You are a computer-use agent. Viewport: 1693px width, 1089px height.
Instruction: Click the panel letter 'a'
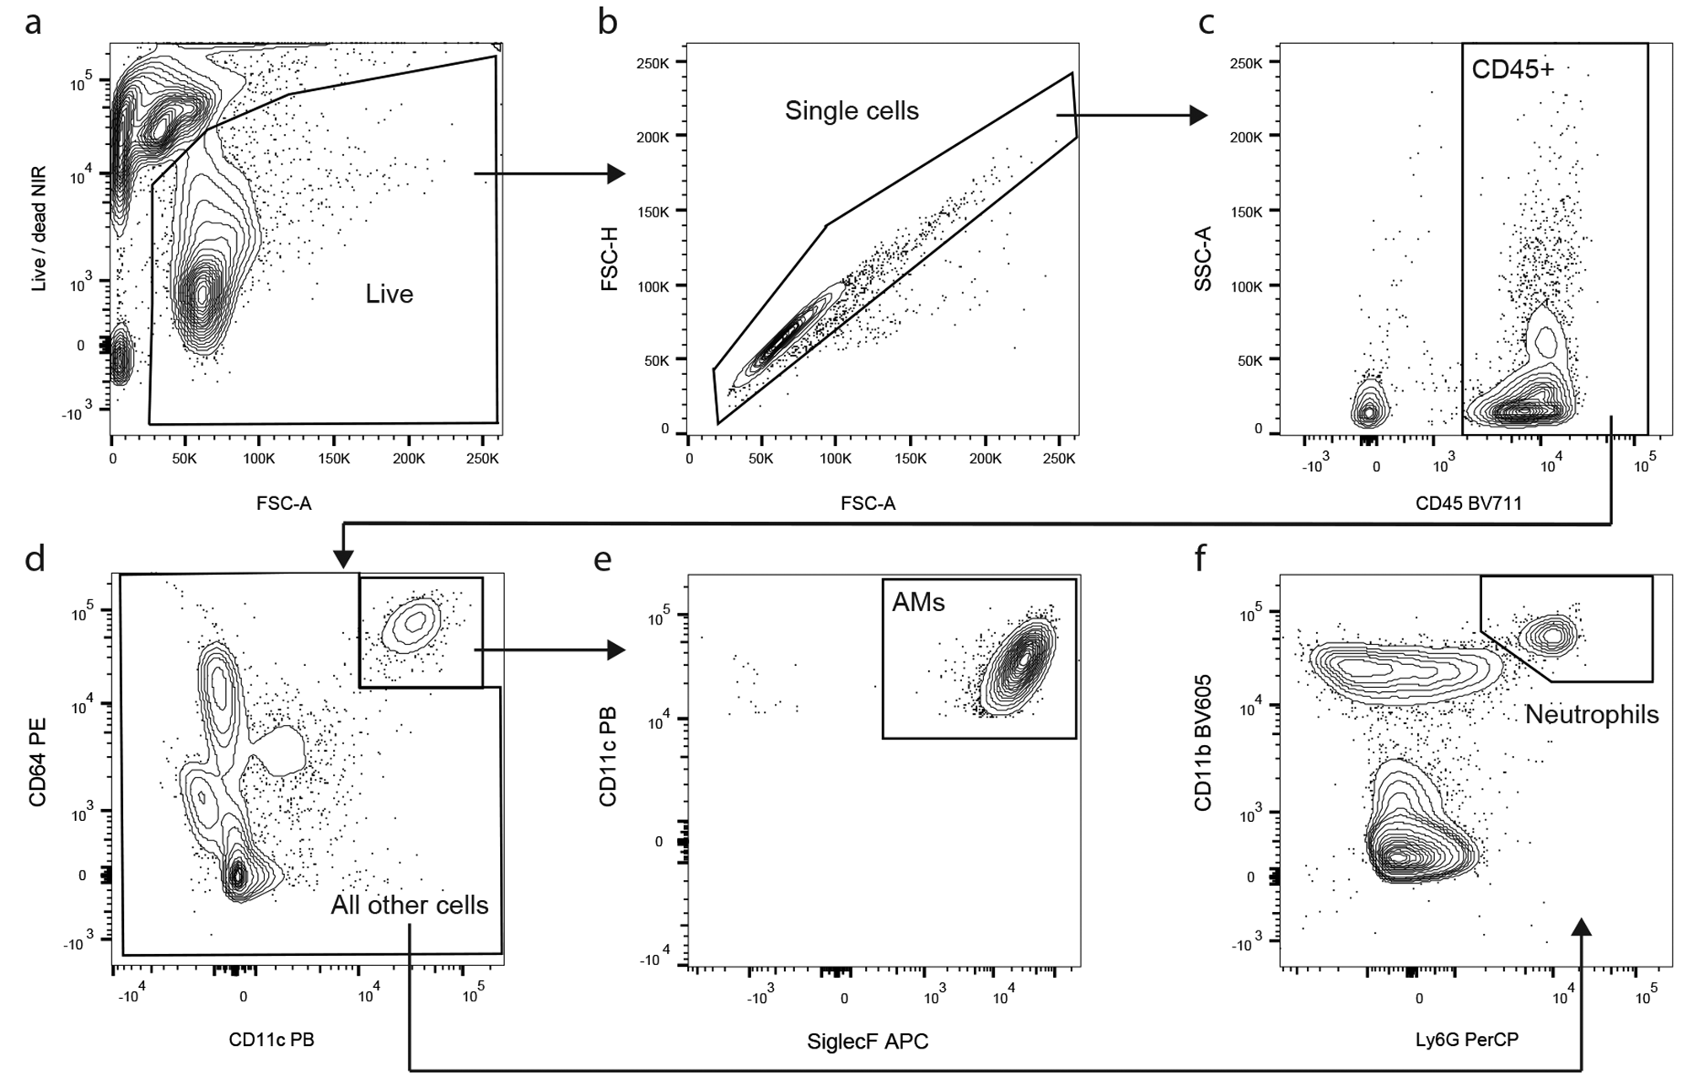coord(33,24)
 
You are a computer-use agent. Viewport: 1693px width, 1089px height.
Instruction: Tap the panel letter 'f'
coord(1201,557)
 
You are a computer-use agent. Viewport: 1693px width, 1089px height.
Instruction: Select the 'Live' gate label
coord(389,294)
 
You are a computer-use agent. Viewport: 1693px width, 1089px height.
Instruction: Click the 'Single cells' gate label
coord(852,110)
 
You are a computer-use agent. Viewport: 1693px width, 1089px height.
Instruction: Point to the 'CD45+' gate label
coord(1512,69)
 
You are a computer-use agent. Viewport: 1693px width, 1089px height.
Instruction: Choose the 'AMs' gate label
coord(918,602)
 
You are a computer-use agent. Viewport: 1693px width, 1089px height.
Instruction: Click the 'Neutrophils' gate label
coord(1591,715)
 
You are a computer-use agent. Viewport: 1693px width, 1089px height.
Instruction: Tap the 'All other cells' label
coord(409,905)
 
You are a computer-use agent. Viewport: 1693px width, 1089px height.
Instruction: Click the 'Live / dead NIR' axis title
coord(38,229)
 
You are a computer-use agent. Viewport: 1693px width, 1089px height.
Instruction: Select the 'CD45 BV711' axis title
coord(1469,504)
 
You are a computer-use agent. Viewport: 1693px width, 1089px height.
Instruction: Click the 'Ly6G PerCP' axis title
coord(1466,1040)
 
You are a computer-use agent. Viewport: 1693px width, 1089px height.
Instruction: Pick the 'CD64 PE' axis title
coord(38,761)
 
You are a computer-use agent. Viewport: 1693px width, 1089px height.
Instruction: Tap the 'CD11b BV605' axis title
coord(1203,742)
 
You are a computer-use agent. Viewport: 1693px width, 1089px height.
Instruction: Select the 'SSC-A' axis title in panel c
coord(1203,267)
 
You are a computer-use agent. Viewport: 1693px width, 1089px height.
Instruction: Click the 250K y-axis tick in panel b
coord(653,63)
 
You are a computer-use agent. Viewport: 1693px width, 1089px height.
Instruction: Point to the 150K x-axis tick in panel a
coord(334,459)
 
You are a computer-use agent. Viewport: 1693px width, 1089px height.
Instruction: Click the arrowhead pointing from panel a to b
coord(615,174)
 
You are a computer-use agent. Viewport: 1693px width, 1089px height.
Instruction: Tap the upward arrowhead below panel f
coord(1582,927)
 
